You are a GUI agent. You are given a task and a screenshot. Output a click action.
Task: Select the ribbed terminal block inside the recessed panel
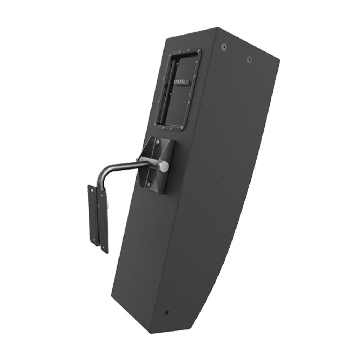click(181, 82)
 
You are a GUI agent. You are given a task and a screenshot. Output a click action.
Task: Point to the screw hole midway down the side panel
click(222, 177)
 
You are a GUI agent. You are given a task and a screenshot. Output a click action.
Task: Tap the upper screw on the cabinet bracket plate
click(157, 143)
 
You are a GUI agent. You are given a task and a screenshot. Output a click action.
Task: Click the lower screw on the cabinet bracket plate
click(148, 184)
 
